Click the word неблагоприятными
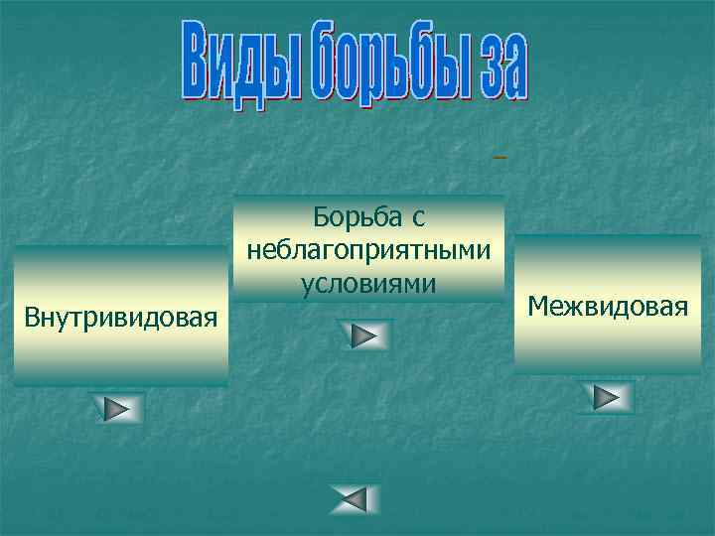pos(368,249)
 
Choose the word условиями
pos(368,283)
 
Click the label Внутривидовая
pos(120,319)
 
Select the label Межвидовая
pos(608,305)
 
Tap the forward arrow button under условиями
pos(365,336)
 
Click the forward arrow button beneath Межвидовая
pos(607,398)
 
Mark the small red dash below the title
pos(500,157)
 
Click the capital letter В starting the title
pos(196,63)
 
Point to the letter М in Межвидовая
pos(537,305)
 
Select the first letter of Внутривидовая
pos(32,319)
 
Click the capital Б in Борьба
pos(321,215)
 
